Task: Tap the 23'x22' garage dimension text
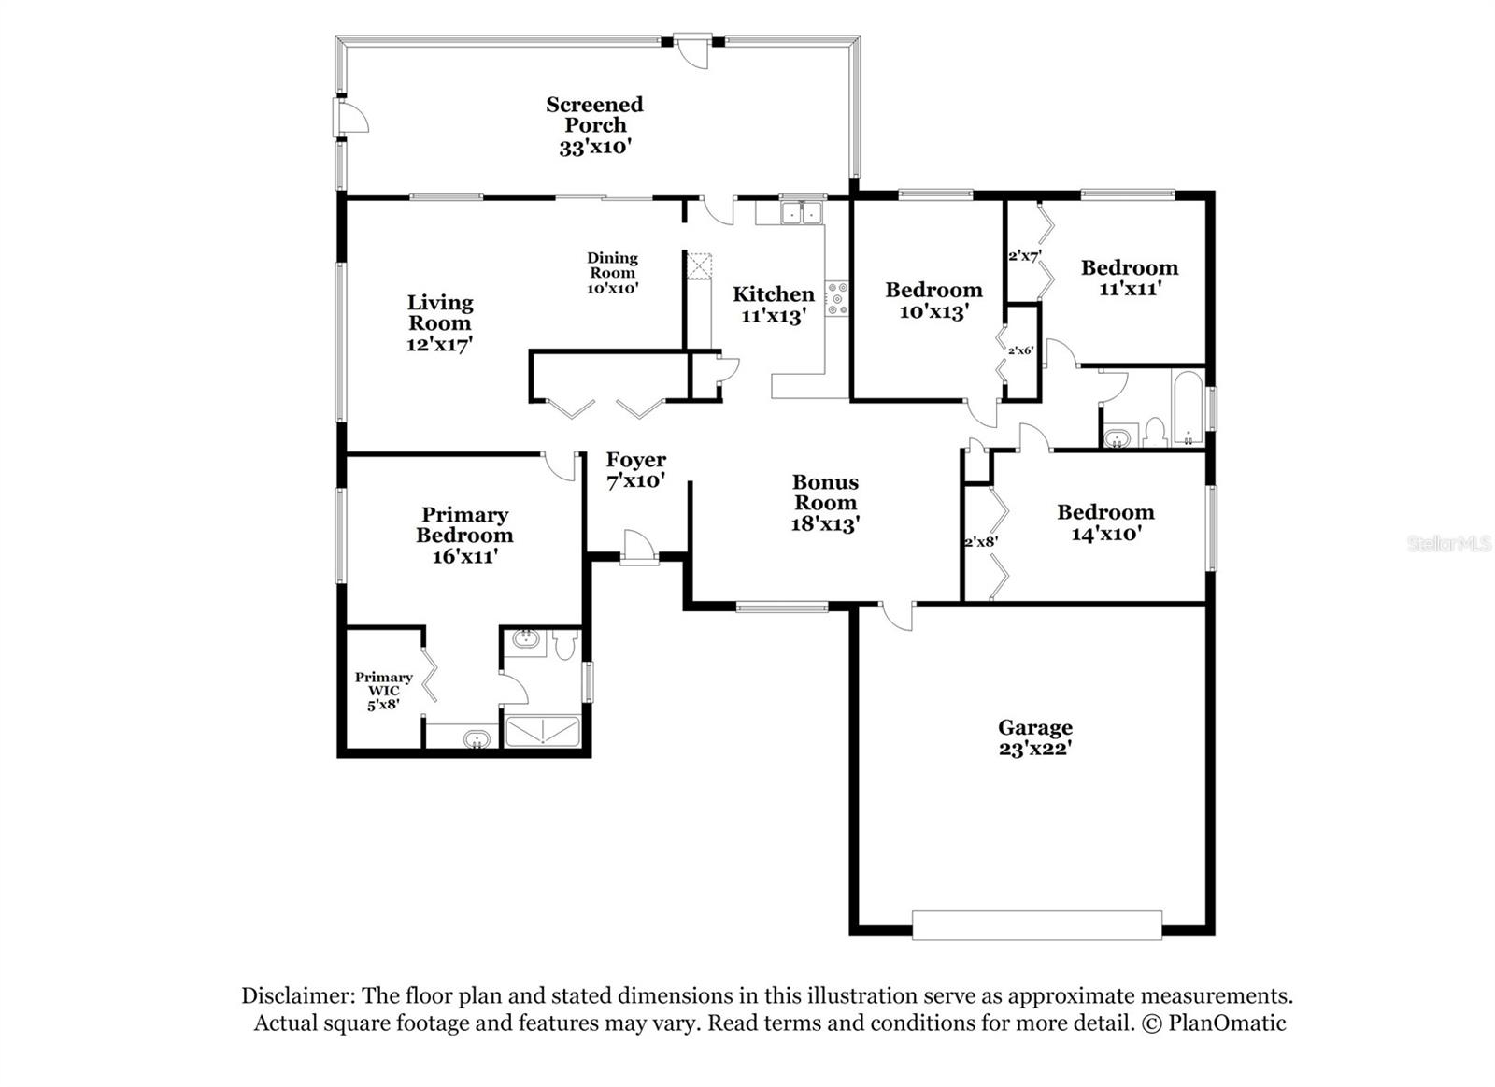(x=1034, y=749)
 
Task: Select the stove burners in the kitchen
(x=836, y=298)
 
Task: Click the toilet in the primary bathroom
(x=564, y=645)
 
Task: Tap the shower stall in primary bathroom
(x=543, y=731)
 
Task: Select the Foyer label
(x=635, y=460)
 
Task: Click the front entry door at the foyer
(x=638, y=549)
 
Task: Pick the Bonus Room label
(x=825, y=493)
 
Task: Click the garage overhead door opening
(x=1036, y=924)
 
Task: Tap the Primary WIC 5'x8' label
(x=383, y=691)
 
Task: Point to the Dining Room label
(x=612, y=265)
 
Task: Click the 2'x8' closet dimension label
(x=980, y=541)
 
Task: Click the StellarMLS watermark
(x=1448, y=543)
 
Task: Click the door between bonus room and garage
(x=896, y=615)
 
